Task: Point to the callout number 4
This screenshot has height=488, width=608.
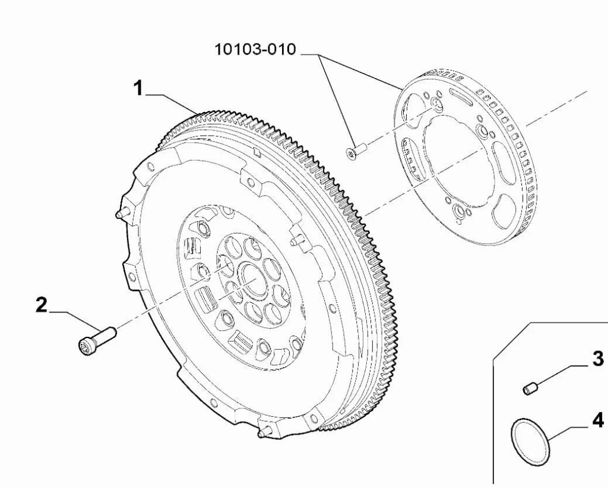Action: (x=597, y=420)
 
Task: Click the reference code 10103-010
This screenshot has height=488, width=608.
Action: (x=255, y=50)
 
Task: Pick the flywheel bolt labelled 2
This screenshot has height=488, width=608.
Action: (x=97, y=339)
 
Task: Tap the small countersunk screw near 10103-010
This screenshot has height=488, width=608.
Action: (x=356, y=151)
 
